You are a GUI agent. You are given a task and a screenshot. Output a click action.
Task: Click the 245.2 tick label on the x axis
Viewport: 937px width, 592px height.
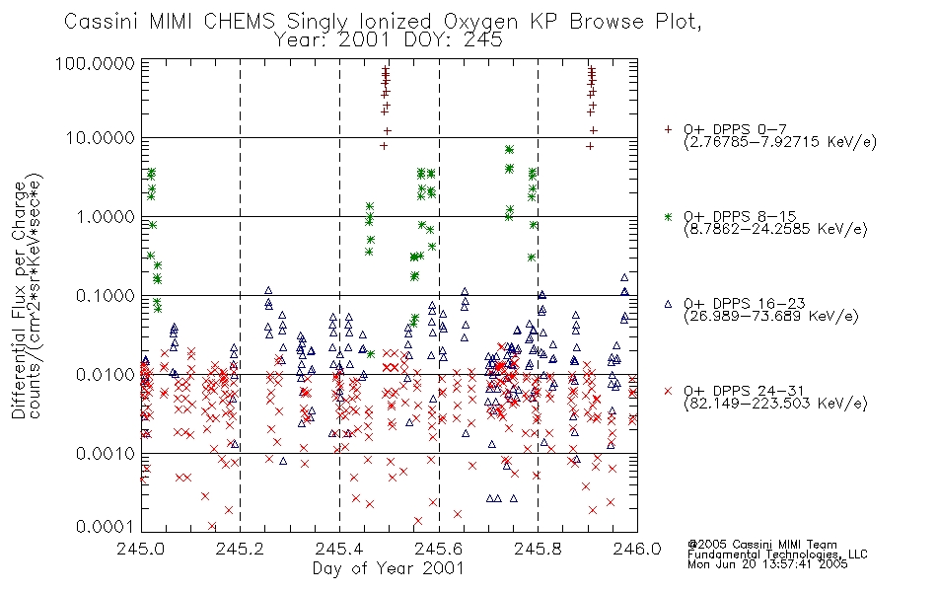click(x=240, y=549)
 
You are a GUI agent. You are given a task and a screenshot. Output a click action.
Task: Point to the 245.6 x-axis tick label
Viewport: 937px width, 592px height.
click(x=438, y=549)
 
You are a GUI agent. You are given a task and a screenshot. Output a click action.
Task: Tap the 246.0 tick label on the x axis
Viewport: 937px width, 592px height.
click(x=636, y=549)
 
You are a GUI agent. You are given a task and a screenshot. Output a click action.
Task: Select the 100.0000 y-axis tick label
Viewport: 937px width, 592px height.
click(x=96, y=63)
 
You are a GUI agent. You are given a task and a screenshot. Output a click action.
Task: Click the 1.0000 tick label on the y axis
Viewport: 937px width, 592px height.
click(x=106, y=216)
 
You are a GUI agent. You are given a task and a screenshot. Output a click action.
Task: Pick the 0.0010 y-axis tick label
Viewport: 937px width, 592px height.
click(x=106, y=453)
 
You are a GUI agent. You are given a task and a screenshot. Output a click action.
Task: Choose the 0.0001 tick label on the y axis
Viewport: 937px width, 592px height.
click(x=106, y=527)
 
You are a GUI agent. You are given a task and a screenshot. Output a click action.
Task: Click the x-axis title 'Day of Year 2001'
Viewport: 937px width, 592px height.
click(x=389, y=568)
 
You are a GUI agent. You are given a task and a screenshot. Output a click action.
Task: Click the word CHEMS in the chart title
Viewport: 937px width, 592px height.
click(x=239, y=22)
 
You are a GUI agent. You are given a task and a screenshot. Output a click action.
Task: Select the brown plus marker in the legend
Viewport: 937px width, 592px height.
click(x=668, y=129)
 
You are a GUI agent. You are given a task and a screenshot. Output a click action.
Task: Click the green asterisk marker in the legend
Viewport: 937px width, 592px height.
click(x=668, y=216)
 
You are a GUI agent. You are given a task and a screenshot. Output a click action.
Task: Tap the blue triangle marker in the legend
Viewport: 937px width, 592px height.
click(x=668, y=304)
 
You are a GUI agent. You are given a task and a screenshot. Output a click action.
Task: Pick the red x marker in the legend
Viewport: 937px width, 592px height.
click(x=668, y=391)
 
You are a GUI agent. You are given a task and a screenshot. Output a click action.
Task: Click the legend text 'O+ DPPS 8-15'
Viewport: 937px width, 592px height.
click(x=741, y=216)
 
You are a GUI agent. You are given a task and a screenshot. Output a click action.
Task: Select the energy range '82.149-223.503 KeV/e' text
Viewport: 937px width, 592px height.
click(x=775, y=404)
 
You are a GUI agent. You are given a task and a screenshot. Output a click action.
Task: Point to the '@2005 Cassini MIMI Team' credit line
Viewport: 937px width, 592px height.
click(x=762, y=545)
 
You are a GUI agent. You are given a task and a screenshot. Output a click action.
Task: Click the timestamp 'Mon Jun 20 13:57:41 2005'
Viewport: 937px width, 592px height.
click(x=767, y=564)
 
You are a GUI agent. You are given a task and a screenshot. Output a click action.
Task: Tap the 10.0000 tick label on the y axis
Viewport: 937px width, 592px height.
click(x=101, y=138)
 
